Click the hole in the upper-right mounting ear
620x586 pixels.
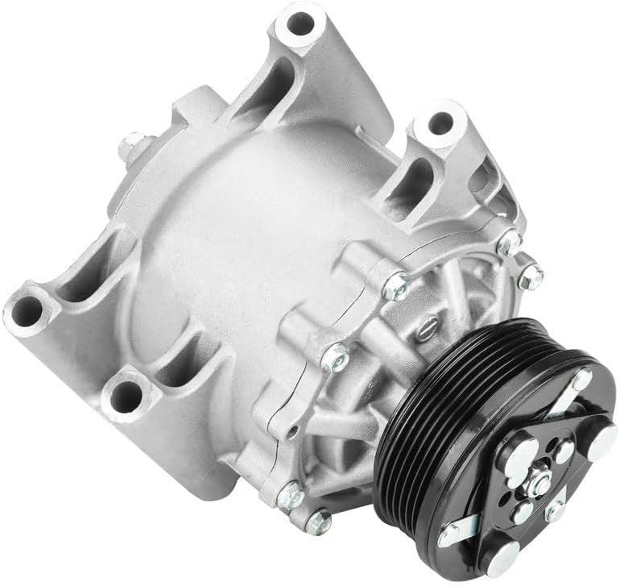(x=439, y=123)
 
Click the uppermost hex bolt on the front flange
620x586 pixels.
(x=510, y=243)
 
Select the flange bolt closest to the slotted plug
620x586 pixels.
(x=395, y=283)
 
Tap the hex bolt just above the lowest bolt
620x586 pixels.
(x=289, y=497)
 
